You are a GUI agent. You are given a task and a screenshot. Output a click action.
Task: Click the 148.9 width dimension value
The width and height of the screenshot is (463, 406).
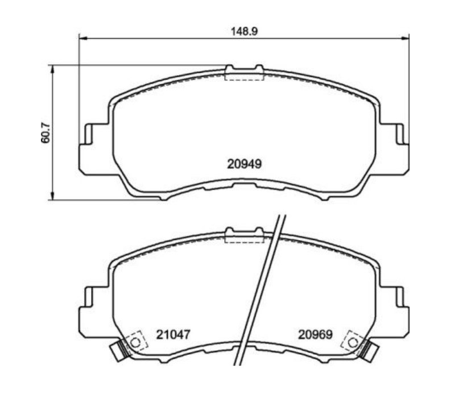(244, 31)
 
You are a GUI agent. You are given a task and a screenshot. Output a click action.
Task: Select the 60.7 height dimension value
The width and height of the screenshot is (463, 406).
(46, 132)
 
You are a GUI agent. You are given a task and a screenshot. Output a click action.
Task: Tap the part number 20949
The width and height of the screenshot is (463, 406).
(244, 164)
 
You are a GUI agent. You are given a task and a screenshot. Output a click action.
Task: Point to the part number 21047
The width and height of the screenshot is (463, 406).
(173, 334)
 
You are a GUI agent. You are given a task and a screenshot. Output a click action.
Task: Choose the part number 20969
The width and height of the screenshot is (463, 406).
(315, 334)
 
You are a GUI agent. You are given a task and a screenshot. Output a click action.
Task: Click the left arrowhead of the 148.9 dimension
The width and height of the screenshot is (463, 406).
(83, 38)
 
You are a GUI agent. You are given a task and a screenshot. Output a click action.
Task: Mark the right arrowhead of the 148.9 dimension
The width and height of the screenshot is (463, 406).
(405, 38)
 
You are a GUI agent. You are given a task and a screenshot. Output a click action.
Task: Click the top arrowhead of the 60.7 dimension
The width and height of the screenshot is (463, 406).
(52, 69)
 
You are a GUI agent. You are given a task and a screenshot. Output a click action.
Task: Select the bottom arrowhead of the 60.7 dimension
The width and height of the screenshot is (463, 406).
(52, 196)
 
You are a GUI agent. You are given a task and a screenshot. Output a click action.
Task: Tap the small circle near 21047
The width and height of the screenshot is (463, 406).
(135, 343)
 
